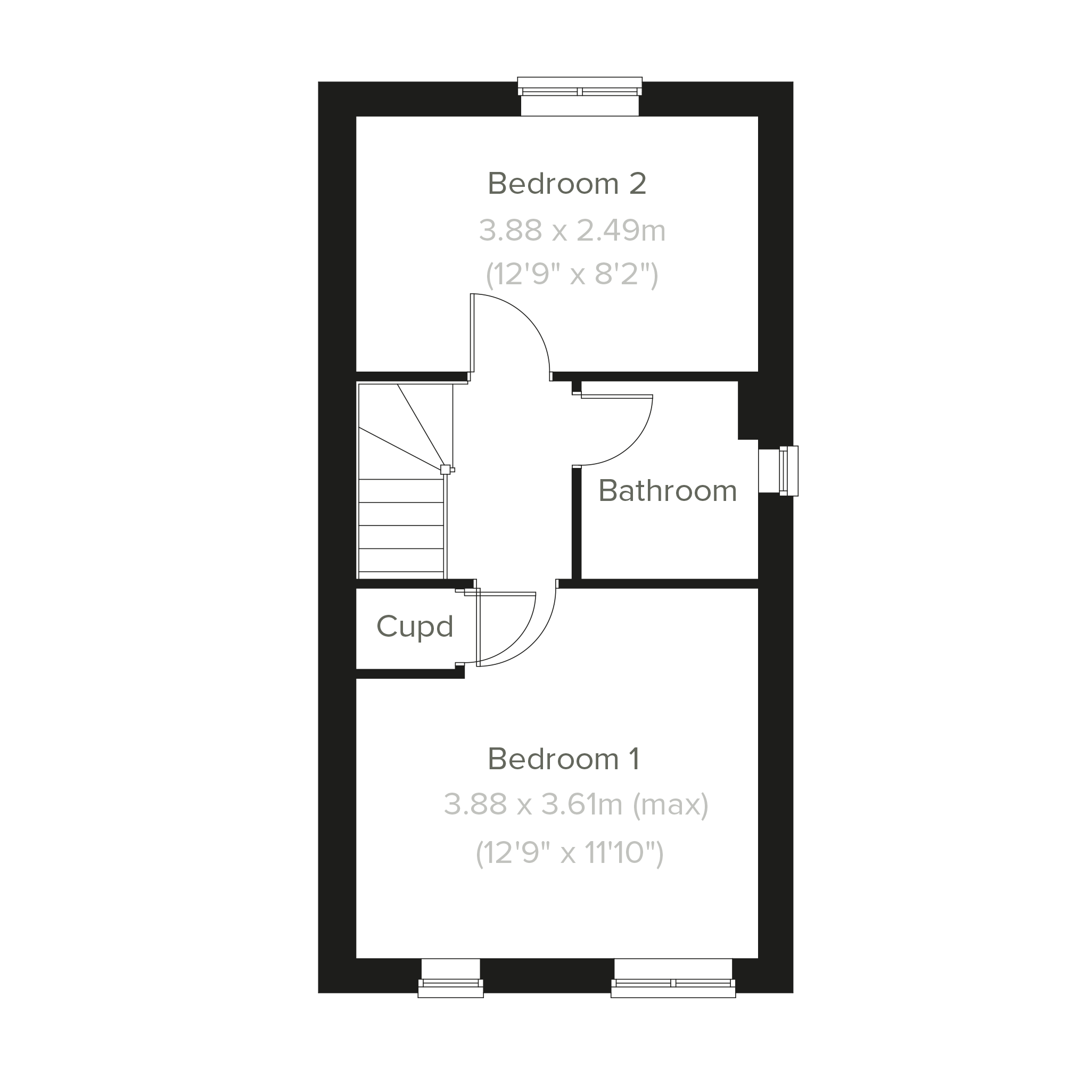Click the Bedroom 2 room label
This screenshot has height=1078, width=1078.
click(x=567, y=184)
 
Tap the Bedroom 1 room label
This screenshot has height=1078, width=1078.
click(x=564, y=759)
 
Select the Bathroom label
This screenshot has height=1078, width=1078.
click(x=668, y=491)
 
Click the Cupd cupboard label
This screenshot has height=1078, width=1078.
click(x=415, y=627)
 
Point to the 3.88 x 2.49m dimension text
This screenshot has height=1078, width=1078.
click(x=572, y=231)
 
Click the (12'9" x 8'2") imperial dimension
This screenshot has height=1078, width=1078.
click(x=572, y=274)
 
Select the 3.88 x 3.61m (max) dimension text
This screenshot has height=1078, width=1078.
click(x=576, y=804)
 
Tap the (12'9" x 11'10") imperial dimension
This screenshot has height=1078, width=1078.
click(x=569, y=853)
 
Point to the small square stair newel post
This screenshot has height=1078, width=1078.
click(x=445, y=469)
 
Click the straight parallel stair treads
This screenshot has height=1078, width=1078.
click(x=401, y=525)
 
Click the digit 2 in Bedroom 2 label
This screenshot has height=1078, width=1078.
click(x=638, y=184)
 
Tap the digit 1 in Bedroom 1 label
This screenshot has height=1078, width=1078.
click(x=634, y=759)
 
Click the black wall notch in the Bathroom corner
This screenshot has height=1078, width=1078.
click(x=748, y=410)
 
